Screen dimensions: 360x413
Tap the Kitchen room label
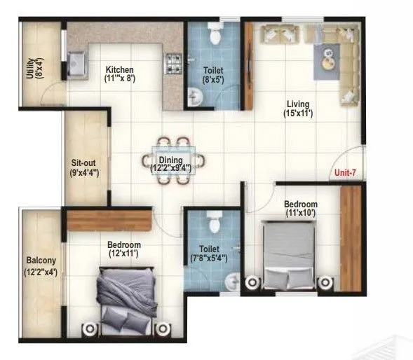[119, 69]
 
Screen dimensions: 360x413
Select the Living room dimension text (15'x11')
[297, 113]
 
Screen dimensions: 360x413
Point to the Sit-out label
[83, 160]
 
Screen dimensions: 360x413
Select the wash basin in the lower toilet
[230, 281]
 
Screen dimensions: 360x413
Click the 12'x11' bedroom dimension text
[124, 254]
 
